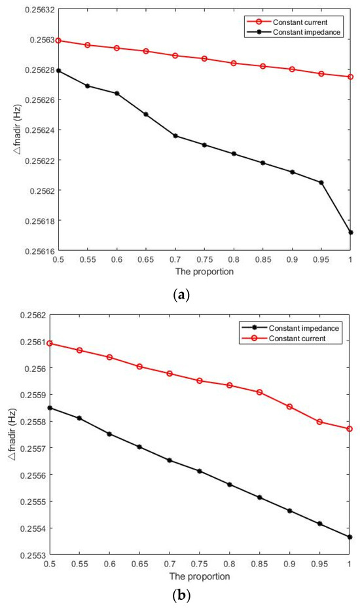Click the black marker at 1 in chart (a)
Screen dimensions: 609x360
click(351, 232)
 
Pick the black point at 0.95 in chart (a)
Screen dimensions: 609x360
click(321, 182)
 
